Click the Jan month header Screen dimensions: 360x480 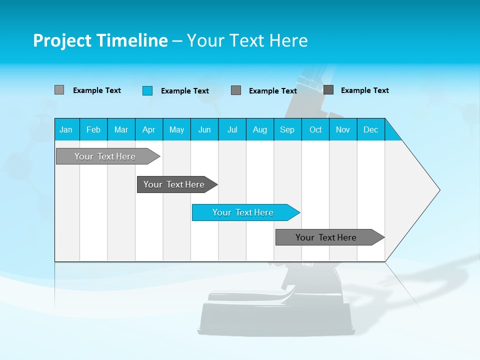coord(66,129)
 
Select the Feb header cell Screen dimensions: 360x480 coord(93,129)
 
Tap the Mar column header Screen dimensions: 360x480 coord(121,129)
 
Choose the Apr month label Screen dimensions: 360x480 coord(148,129)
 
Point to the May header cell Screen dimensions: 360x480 coord(176,129)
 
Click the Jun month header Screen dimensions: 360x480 coord(204,129)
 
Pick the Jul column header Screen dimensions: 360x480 coord(232,129)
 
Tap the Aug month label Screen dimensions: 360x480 coord(259,129)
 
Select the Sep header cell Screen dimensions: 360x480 coord(287,129)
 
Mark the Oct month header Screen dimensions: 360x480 coord(315,129)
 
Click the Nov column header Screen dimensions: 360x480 coord(343,129)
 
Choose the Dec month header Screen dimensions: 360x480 coord(370,129)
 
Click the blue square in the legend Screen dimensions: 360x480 coord(147,90)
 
